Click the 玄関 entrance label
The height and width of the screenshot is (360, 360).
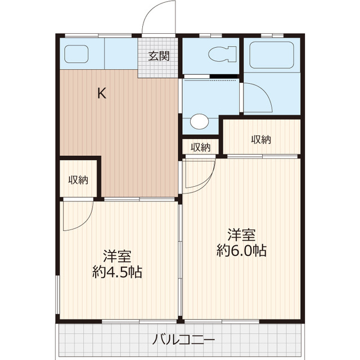point(159,56)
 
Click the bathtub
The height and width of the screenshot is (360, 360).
point(272,55)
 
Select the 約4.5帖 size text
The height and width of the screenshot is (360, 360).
point(116,273)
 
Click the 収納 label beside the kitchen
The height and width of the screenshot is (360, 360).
point(79,180)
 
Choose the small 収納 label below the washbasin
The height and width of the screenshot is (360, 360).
point(200,148)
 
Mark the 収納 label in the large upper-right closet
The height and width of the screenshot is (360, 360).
point(261,139)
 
